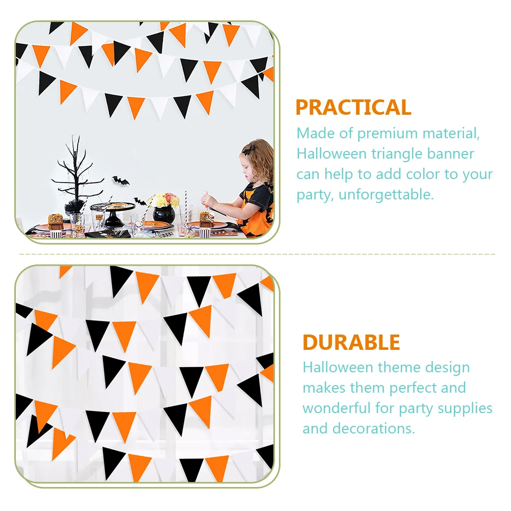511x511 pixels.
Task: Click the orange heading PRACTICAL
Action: (353, 108)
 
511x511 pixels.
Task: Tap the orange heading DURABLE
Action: (351, 342)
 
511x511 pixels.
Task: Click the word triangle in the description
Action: (398, 154)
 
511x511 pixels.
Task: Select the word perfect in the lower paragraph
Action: (410, 388)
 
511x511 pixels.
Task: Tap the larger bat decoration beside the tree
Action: (121, 180)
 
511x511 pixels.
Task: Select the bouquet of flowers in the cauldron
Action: (164, 200)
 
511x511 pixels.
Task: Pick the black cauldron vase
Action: (164, 215)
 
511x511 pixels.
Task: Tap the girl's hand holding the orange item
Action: (208, 200)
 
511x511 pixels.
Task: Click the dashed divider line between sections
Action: (255, 253)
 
